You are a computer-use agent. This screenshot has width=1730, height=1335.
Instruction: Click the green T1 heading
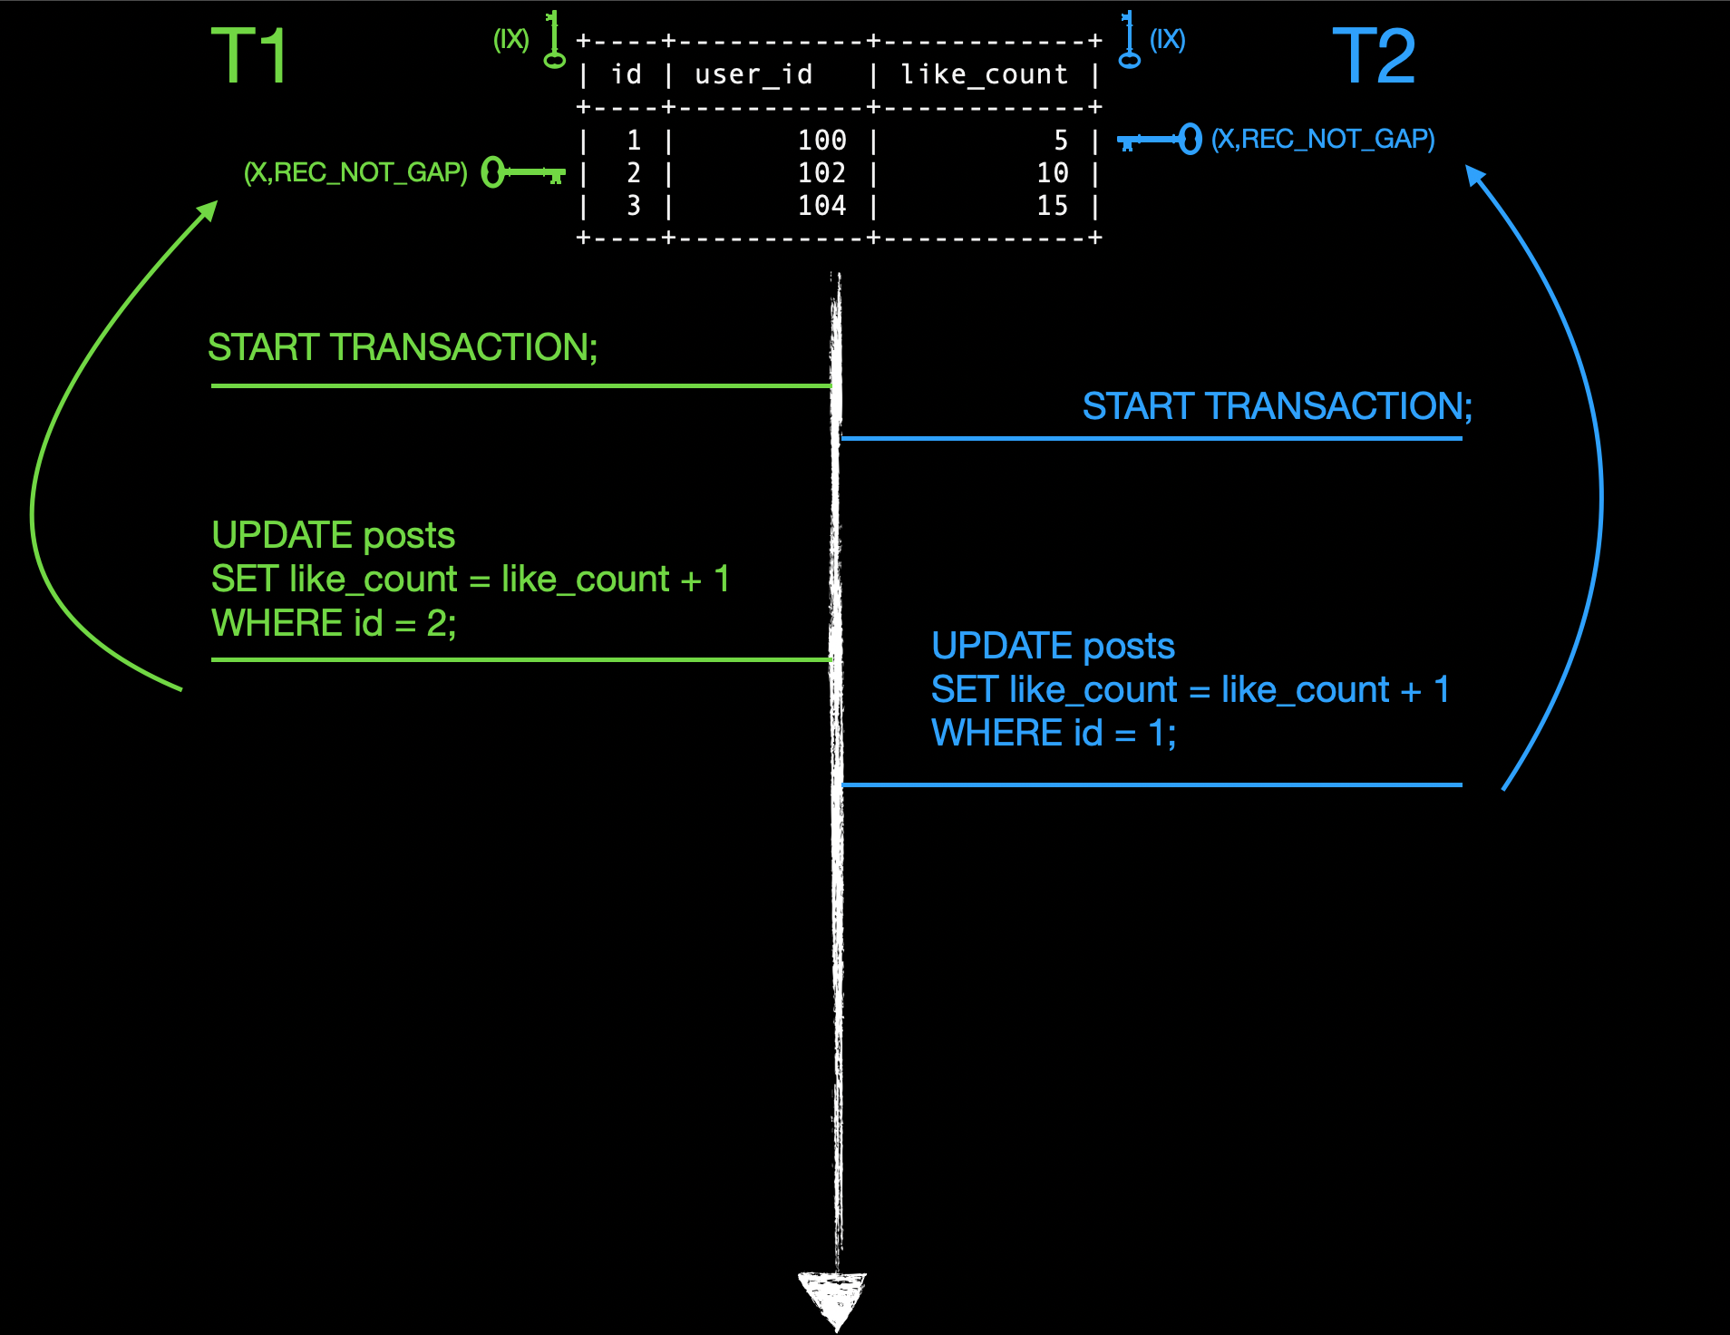249,56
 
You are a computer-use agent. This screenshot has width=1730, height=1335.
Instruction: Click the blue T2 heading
1374,56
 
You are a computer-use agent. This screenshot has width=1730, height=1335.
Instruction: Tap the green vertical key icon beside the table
554,41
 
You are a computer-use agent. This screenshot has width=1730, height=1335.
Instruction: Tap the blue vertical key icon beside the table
1129,41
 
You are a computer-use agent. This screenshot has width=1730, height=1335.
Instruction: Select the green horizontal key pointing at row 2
523,171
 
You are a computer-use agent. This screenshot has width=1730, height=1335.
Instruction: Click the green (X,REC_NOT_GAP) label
355,172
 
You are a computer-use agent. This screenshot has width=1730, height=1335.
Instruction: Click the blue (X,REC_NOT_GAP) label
1323,140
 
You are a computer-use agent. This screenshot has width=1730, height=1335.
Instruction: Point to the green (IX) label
510,40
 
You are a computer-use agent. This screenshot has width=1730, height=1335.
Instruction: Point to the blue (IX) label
1167,40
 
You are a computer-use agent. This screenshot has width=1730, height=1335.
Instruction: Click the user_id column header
753,74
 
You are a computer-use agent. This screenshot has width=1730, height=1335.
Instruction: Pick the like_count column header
985,74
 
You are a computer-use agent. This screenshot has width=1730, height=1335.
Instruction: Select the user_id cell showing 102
821,172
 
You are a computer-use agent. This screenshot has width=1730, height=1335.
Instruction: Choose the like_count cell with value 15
1052,206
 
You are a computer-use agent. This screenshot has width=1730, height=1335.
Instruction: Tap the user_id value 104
821,206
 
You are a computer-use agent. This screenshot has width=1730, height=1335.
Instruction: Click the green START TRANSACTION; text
403,347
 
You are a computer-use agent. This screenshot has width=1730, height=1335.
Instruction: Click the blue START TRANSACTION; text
1277,406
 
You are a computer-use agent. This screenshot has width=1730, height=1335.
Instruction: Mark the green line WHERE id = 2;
334,624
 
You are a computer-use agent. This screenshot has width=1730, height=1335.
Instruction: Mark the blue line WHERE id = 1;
1054,734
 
